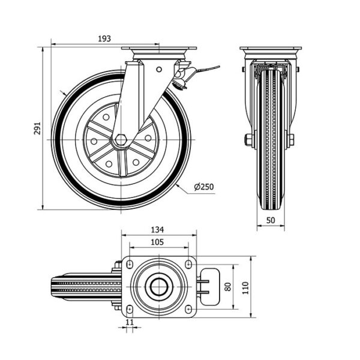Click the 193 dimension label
(104, 38)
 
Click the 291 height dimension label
(37, 129)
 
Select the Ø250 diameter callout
(204, 187)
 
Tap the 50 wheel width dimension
(271, 220)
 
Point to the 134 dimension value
(157, 230)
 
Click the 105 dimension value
(157, 242)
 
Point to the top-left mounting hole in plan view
(129, 264)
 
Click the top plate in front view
(269, 49)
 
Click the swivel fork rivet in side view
(158, 70)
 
